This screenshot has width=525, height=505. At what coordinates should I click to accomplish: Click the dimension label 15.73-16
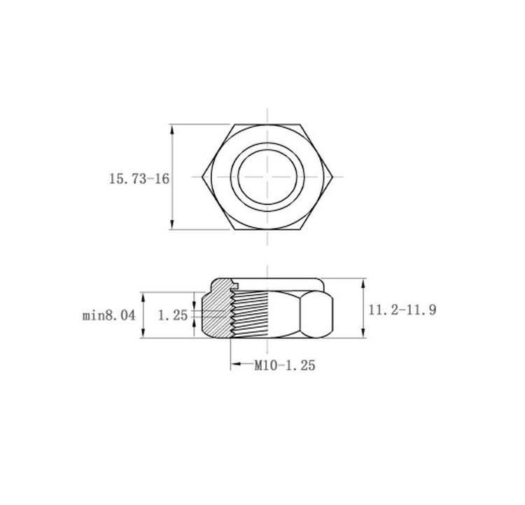tap(139, 179)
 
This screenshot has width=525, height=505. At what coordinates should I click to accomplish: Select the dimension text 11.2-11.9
tap(402, 310)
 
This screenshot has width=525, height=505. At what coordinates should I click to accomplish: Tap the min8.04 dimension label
tap(108, 315)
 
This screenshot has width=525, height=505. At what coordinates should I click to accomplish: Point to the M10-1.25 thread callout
tap(285, 365)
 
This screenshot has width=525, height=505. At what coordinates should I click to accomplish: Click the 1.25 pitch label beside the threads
tap(173, 315)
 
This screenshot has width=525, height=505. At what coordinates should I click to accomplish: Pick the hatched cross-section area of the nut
tap(218, 308)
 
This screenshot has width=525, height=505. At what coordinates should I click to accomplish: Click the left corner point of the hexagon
tap(202, 177)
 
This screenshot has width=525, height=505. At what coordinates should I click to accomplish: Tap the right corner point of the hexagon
tap(332, 177)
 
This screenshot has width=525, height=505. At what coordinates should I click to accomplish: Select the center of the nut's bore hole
tap(267, 177)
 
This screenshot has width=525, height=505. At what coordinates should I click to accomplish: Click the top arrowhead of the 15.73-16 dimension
tap(172, 129)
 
